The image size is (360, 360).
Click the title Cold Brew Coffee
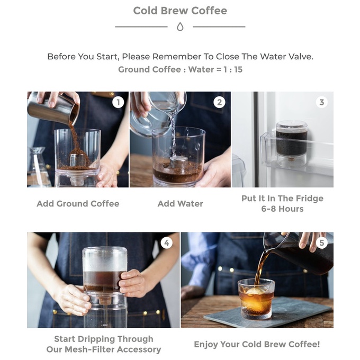[180, 11]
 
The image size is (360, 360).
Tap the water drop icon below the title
[180, 26]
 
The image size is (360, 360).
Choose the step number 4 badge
[166, 243]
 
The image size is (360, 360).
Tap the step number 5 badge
[322, 243]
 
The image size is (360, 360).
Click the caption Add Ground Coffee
[78, 204]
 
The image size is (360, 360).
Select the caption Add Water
[180, 204]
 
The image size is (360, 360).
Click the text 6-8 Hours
[282, 209]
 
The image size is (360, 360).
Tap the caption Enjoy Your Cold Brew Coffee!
[257, 345]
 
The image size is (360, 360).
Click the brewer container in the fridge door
[291, 140]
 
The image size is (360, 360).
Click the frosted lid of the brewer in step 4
[104, 259]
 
